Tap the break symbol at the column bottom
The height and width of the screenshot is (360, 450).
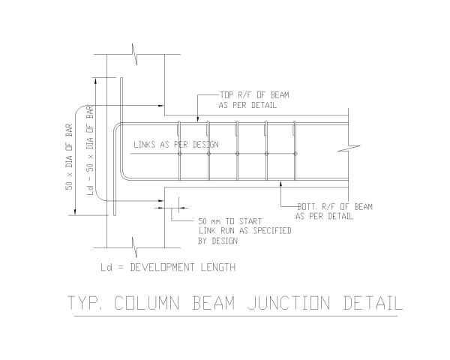[134, 244]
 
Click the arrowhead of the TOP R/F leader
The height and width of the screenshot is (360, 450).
[197, 118]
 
